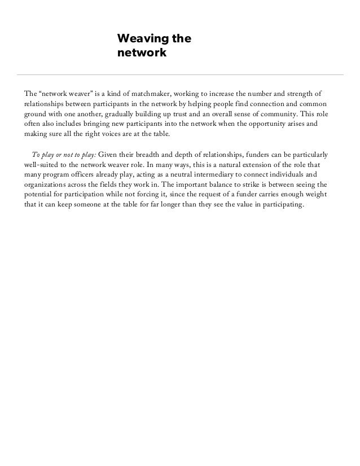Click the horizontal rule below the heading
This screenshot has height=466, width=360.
pyautogui.click(x=180, y=74)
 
